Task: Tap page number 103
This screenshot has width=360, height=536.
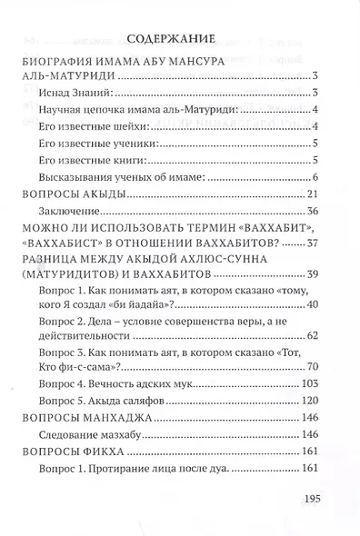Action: coord(306,384)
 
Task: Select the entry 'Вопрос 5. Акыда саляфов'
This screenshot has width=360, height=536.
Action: coord(116,401)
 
